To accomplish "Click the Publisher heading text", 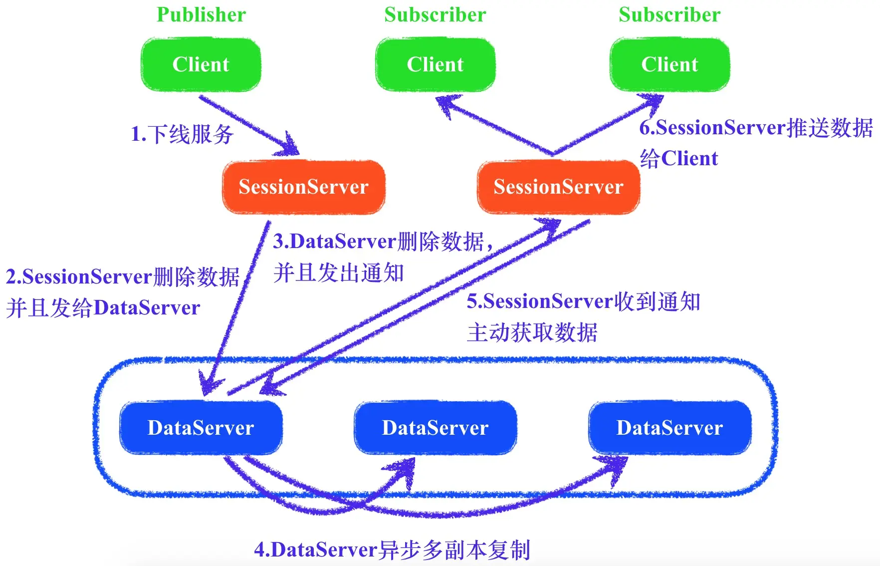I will [x=201, y=15].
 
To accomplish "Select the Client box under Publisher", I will [x=201, y=65].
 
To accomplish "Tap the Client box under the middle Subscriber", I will [x=435, y=65].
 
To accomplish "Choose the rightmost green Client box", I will [x=669, y=65].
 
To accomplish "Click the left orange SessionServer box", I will [x=303, y=187].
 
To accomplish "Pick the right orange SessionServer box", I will [x=558, y=187].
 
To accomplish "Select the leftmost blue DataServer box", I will [x=201, y=428].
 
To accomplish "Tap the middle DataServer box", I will [x=435, y=428].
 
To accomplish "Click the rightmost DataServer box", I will [x=669, y=428].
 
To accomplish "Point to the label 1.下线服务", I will [x=182, y=134].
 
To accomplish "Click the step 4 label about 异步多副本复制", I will [x=392, y=550].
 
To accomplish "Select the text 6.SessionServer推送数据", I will [x=756, y=128].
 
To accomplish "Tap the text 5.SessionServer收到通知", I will [x=583, y=301].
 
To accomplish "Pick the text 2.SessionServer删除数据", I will [x=122, y=277].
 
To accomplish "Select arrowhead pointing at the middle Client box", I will [x=445, y=104].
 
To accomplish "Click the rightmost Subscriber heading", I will [x=669, y=15].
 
